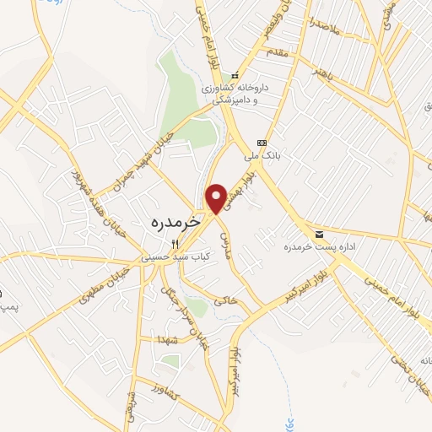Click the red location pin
216,197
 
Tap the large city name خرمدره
175,222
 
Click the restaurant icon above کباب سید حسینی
175,243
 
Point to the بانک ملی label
261,156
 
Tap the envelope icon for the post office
318,233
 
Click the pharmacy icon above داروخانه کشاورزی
235,74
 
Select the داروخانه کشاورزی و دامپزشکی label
235,92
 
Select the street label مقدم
279,54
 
